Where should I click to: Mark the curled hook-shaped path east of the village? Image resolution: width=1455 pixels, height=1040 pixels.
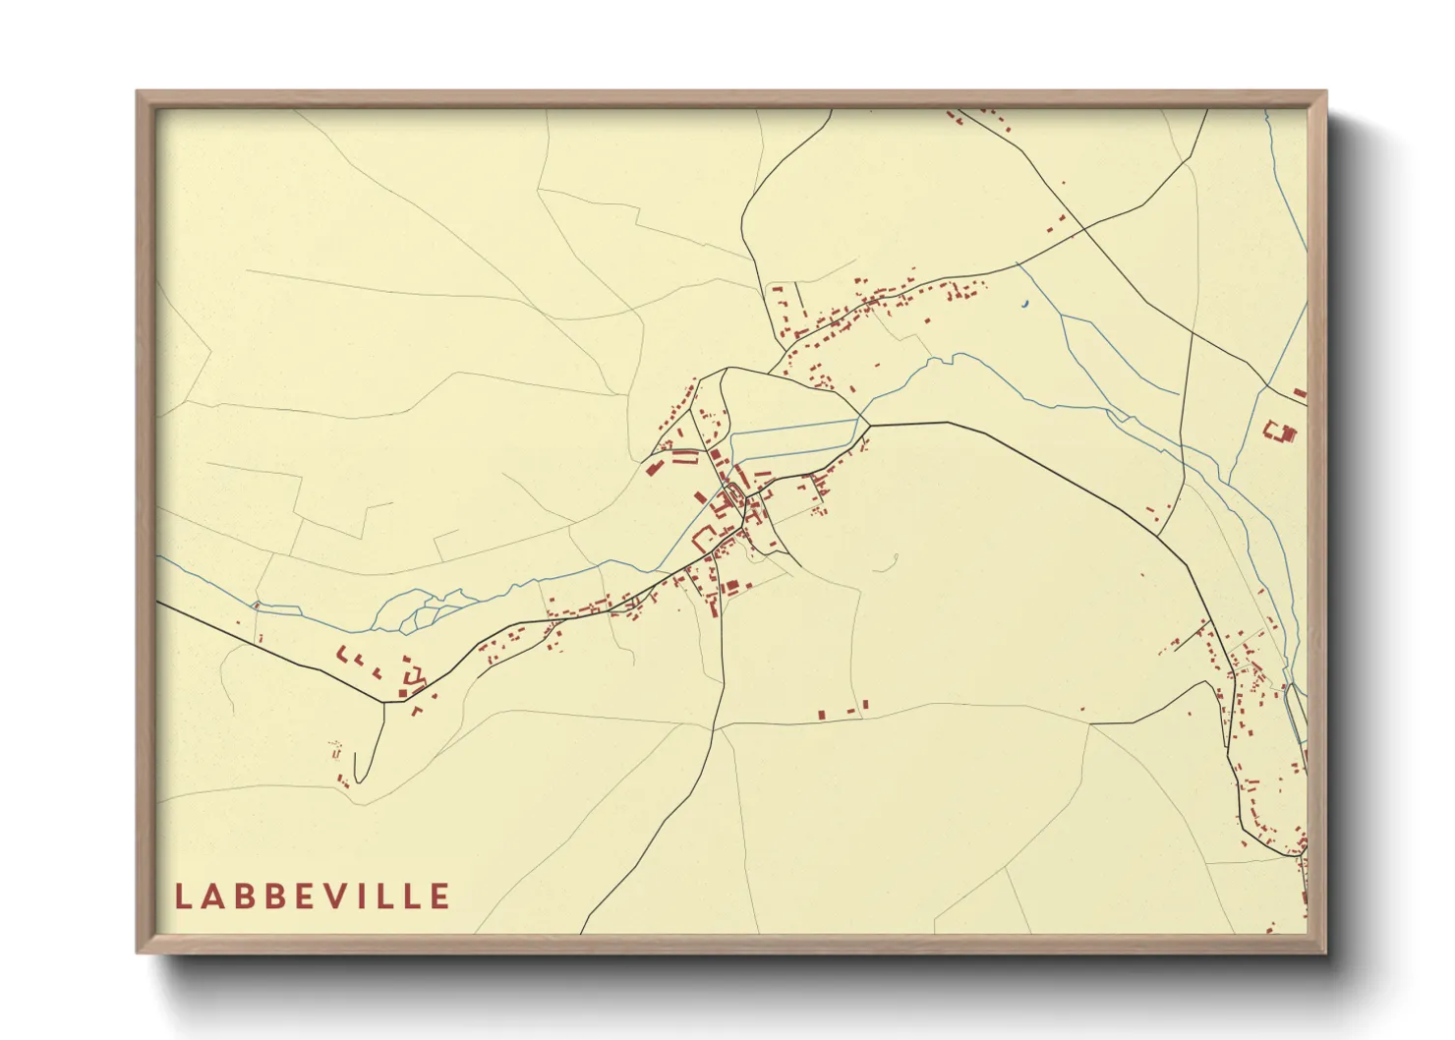(893, 562)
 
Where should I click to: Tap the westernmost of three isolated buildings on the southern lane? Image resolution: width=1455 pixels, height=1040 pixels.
(822, 715)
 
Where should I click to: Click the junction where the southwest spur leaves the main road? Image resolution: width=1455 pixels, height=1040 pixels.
(383, 702)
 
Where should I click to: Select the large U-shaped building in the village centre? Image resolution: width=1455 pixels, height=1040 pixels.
(704, 538)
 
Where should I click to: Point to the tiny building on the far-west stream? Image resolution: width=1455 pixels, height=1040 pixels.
(256, 605)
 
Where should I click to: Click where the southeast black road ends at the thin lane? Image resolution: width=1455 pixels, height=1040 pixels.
(1089, 723)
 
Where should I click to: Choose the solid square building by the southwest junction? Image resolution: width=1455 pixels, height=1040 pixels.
(402, 693)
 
